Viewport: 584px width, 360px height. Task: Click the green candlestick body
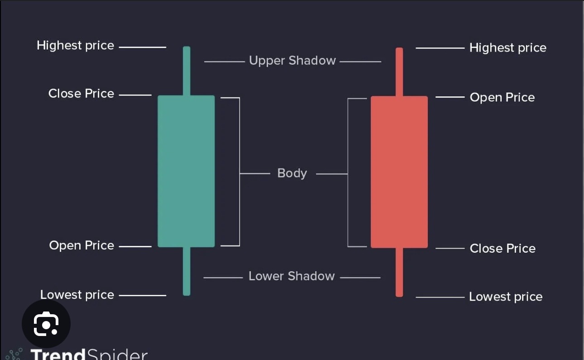186,171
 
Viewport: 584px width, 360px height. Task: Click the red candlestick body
399,172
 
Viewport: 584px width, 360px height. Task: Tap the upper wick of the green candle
187,71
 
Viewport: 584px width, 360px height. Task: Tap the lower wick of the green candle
187,271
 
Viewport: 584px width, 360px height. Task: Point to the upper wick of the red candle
399,72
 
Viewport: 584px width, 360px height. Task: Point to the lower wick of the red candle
399,272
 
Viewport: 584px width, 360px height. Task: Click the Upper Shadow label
292,61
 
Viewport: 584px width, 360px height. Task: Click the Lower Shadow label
292,276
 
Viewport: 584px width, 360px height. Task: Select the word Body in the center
292,173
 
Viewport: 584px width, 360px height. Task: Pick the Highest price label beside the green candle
75,46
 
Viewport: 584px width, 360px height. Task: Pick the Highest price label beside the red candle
507,48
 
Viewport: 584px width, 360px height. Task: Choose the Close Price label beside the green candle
81,94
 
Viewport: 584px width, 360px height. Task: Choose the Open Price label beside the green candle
81,245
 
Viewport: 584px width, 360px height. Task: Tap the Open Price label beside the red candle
502,97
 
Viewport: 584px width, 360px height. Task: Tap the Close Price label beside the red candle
503,249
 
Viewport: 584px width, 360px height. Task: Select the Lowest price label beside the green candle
77,295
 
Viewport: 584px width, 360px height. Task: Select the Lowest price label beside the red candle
505,297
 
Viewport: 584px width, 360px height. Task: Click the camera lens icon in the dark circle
46,324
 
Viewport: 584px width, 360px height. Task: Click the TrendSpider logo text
89,354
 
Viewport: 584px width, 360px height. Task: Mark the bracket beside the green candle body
239,172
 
